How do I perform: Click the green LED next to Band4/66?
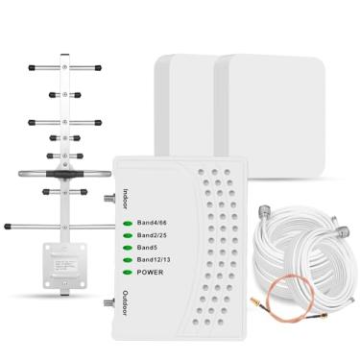[x=128, y=223]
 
